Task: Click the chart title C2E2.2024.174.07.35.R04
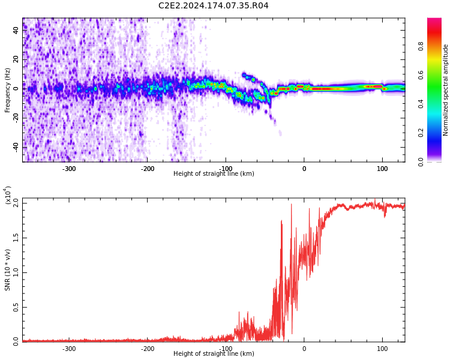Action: tap(213, 6)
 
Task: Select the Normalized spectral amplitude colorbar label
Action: tap(446, 90)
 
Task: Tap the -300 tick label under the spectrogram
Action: tap(69, 169)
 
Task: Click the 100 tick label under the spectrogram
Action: tap(382, 169)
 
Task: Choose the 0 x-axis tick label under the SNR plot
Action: tap(304, 349)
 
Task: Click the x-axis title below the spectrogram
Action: tap(214, 174)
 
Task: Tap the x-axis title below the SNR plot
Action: tap(214, 354)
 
